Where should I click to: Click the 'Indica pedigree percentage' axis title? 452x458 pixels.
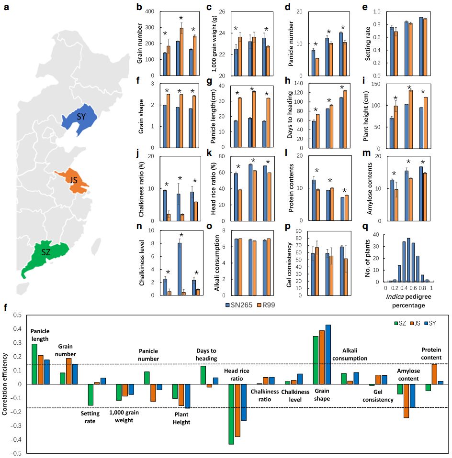pyautogui.click(x=408, y=300)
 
